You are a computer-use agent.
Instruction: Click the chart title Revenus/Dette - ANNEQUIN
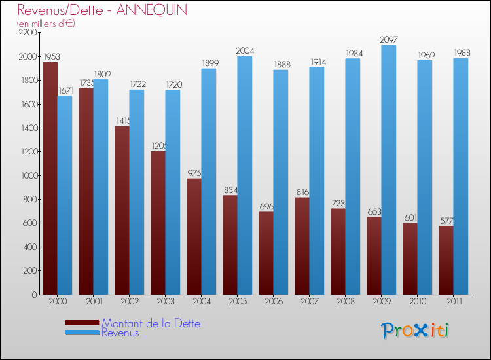(102, 10)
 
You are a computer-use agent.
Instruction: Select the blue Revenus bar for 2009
(389, 170)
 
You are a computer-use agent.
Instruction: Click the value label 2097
(389, 40)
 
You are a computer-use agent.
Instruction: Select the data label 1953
(50, 57)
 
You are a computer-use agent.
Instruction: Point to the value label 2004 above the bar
(245, 51)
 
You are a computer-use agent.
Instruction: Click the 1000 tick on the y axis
(27, 175)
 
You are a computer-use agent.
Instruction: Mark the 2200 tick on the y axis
(27, 33)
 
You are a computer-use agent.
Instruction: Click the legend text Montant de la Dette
(151, 323)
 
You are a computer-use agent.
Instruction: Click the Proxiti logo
(415, 331)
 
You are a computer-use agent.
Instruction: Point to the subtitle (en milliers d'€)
(46, 24)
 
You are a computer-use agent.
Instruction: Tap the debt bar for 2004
(194, 236)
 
